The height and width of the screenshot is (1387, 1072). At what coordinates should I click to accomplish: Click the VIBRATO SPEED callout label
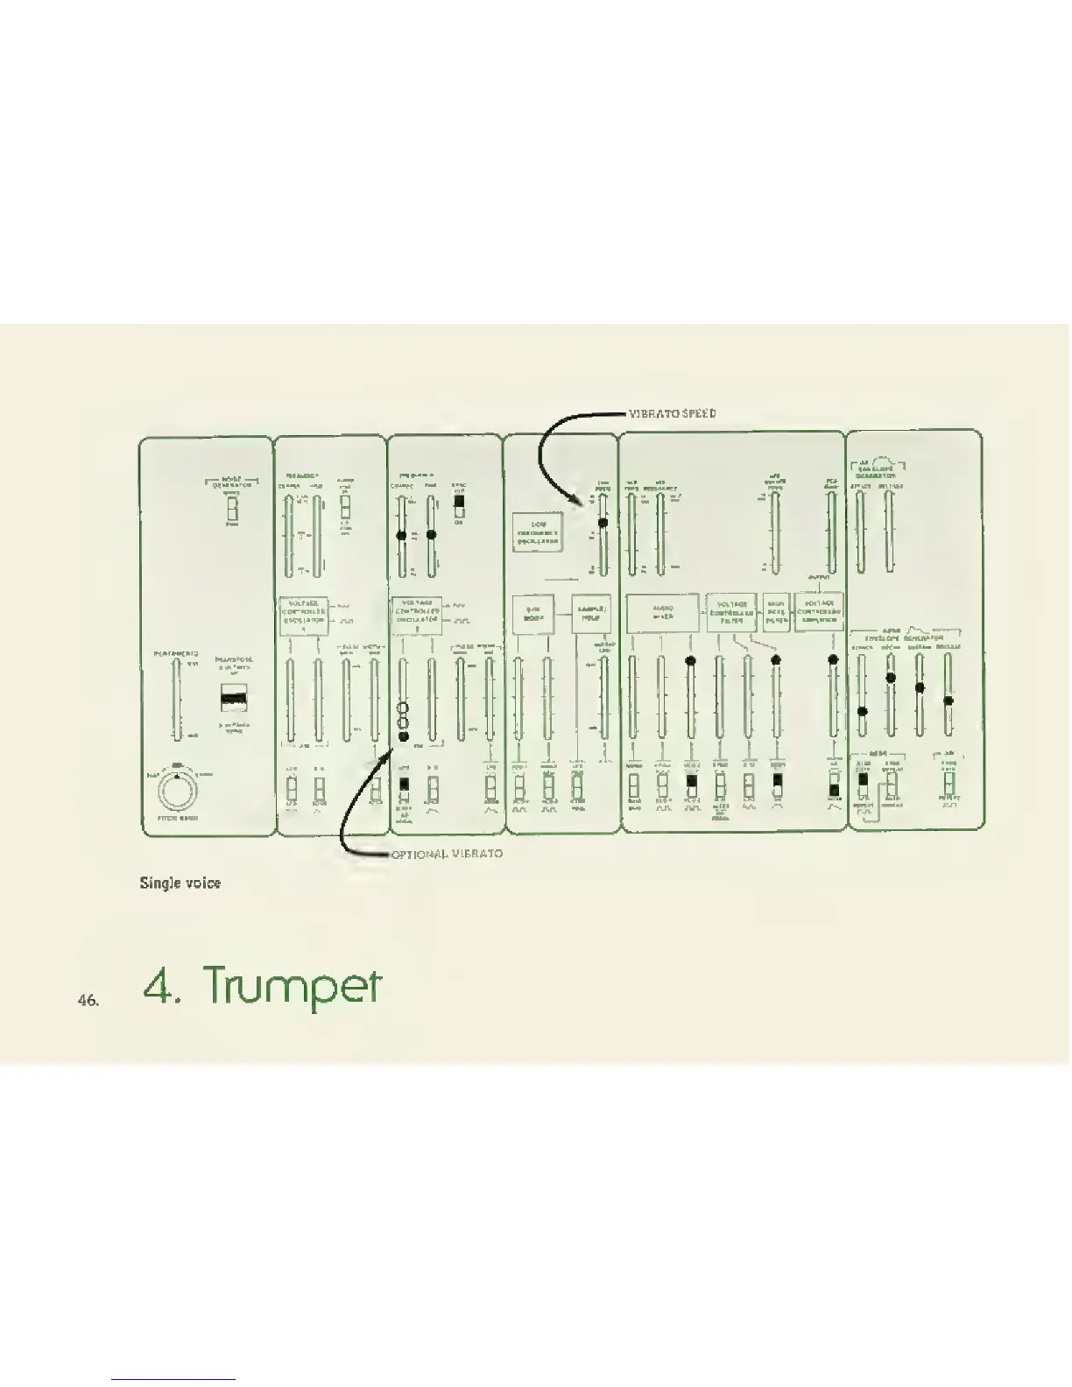tap(673, 412)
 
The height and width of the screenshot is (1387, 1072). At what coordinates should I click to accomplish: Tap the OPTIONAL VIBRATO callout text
tap(447, 853)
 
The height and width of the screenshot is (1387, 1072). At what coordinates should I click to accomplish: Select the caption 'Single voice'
tap(180, 883)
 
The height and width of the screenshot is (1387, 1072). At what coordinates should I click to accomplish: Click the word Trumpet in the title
tap(293, 987)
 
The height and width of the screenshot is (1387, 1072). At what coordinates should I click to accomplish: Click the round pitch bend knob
tap(177, 792)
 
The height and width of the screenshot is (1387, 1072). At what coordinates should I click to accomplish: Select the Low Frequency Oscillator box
tap(538, 532)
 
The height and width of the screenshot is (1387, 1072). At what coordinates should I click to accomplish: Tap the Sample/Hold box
tap(589, 614)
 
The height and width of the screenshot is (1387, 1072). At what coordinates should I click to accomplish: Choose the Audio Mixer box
tap(662, 612)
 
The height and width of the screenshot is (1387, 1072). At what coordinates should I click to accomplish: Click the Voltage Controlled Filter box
tap(731, 612)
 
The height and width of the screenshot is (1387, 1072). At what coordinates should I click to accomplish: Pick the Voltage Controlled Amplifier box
tap(819, 612)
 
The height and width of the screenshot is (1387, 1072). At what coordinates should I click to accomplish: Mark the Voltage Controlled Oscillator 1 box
tap(303, 615)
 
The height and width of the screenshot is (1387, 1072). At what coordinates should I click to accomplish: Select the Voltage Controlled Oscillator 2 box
tap(416, 615)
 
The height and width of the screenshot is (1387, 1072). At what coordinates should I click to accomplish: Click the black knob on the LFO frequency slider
tap(603, 523)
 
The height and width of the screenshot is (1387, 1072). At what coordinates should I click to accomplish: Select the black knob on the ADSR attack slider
tap(863, 711)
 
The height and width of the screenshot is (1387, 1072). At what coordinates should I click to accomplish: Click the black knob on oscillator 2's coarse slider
tap(401, 535)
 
